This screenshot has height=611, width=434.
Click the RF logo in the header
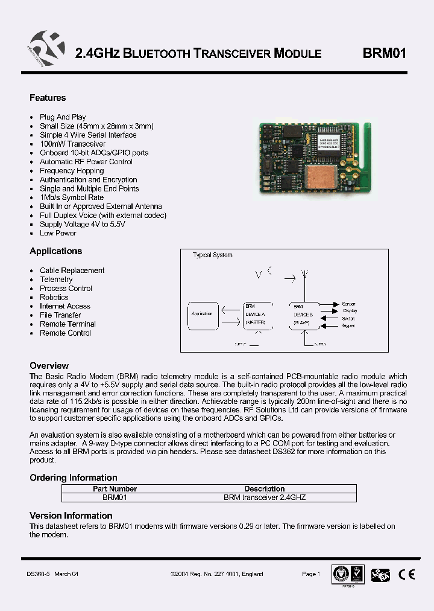pyautogui.click(x=46, y=52)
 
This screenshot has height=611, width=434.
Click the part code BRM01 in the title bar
pyautogui.click(x=385, y=53)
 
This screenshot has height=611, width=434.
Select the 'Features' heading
pyautogui.click(x=48, y=98)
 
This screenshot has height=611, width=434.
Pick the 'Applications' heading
pyautogui.click(x=55, y=251)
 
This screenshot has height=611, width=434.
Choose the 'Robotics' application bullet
pyautogui.click(x=54, y=297)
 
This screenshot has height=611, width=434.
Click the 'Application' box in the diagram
pyautogui.click(x=202, y=315)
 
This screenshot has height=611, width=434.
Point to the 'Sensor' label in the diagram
pyautogui.click(x=348, y=304)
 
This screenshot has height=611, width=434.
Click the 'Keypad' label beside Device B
pyautogui.click(x=348, y=325)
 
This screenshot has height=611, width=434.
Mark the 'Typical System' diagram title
pyautogui.click(x=212, y=255)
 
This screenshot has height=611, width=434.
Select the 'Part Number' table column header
pyautogui.click(x=115, y=489)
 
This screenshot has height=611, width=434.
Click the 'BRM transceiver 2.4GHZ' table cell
pyautogui.click(x=265, y=497)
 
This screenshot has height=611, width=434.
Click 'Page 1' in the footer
pyautogui.click(x=311, y=574)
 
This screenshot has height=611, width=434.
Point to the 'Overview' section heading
pyautogui.click(x=49, y=366)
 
